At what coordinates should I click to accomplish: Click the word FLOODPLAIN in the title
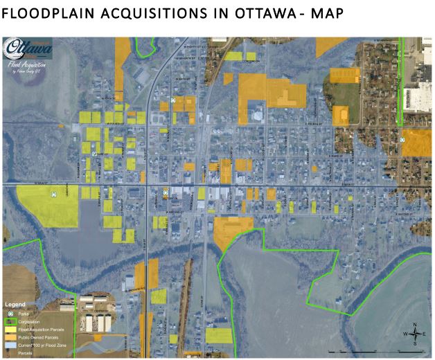pos(52,14)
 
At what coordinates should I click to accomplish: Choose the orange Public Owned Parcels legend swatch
pos(10,337)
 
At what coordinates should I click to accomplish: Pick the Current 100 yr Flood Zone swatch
pos(10,345)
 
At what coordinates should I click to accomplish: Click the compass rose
pos(414,334)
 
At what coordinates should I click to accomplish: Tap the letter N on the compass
pos(414,324)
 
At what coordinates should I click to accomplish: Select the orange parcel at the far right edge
pos(417,142)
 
